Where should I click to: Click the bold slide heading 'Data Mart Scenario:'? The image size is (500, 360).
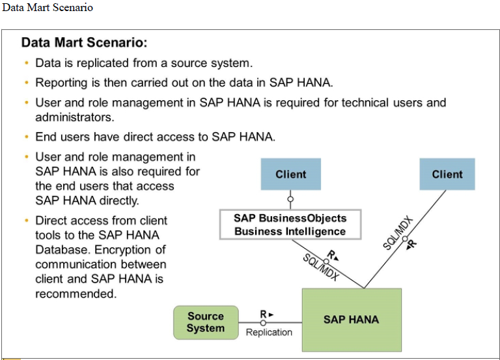pyautogui.click(x=85, y=43)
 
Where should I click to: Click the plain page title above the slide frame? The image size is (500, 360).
pyautogui.click(x=48, y=8)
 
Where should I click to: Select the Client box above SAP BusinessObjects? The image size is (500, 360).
pyautogui.click(x=290, y=174)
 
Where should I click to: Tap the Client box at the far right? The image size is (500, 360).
pyautogui.click(x=447, y=174)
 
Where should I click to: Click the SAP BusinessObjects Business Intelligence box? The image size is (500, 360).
pyautogui.click(x=290, y=225)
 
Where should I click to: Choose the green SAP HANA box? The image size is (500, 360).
pyautogui.click(x=351, y=320)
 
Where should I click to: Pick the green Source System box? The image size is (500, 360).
pyautogui.click(x=205, y=322)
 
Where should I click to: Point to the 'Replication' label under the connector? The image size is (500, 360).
pyautogui.click(x=269, y=333)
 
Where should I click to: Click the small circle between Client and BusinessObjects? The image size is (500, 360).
pyautogui.click(x=290, y=199)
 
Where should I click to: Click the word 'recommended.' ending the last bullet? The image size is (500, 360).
pyautogui.click(x=76, y=294)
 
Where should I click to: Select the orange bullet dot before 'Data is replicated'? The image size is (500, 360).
pyautogui.click(x=27, y=63)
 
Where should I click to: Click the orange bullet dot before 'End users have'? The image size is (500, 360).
pyautogui.click(x=27, y=137)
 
